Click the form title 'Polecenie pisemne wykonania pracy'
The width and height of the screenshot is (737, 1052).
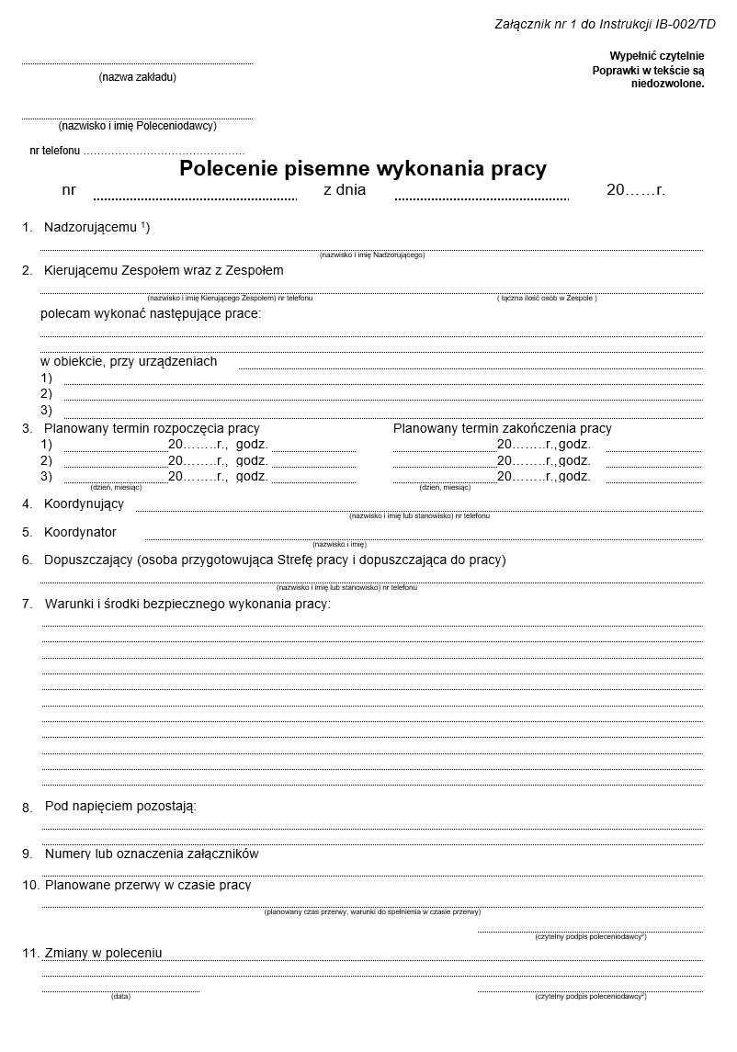pyautogui.click(x=362, y=169)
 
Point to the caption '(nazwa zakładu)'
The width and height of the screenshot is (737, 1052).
pyautogui.click(x=137, y=77)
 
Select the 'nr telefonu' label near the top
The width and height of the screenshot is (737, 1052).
pyautogui.click(x=55, y=150)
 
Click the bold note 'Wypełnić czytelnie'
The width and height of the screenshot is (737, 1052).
pyautogui.click(x=656, y=56)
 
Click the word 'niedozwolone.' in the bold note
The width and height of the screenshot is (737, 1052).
pyautogui.click(x=667, y=84)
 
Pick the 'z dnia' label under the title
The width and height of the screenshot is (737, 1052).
pyautogui.click(x=345, y=190)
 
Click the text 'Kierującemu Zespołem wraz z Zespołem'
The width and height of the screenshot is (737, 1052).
pyautogui.click(x=164, y=270)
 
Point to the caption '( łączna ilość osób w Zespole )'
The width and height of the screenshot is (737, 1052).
pyautogui.click(x=547, y=298)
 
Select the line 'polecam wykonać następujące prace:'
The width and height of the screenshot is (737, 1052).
pyautogui.click(x=151, y=313)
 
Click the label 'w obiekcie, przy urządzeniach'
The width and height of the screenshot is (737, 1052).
pyautogui.click(x=129, y=361)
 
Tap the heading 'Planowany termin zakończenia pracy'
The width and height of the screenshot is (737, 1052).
pyautogui.click(x=502, y=428)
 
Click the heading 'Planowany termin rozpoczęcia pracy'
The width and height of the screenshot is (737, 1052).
pyautogui.click(x=153, y=428)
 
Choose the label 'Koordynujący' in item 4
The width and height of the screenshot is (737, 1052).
pyautogui.click(x=84, y=503)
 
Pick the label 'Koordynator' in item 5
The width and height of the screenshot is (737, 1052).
pyautogui.click(x=80, y=532)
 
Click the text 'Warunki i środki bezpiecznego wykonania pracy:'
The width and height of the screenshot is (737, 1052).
pyautogui.click(x=187, y=604)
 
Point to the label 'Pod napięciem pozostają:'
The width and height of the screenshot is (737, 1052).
pyautogui.click(x=120, y=806)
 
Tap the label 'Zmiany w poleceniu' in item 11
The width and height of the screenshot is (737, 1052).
pyautogui.click(x=103, y=953)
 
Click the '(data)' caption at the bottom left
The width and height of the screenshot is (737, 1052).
pyautogui.click(x=120, y=996)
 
